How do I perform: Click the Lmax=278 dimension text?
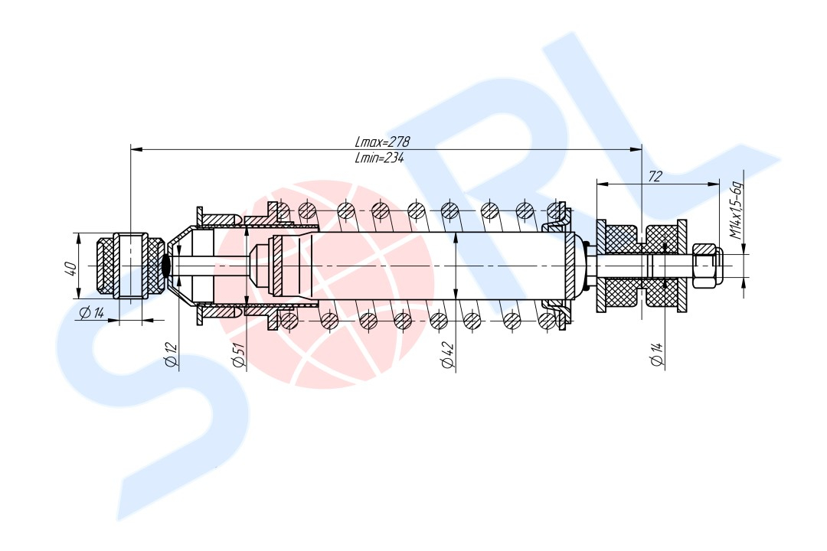tap(382, 142)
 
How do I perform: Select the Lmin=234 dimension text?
tap(380, 157)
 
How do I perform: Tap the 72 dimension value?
tap(655, 176)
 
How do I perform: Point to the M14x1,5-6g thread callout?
tap(736, 211)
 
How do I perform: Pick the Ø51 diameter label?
tap(238, 354)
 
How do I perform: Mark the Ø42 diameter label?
tap(448, 354)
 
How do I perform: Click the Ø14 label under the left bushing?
tap(92, 313)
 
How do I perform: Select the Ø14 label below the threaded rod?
tap(657, 354)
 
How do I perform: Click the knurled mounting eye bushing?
tap(130, 266)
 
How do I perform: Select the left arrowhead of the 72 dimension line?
tap(603, 184)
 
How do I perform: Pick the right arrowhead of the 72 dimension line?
tap(713, 184)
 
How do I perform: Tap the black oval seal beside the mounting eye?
tap(166, 266)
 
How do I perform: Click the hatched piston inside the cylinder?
tap(277, 266)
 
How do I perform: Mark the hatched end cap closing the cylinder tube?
tap(570, 266)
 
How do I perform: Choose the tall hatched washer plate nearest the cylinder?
tap(601, 266)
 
